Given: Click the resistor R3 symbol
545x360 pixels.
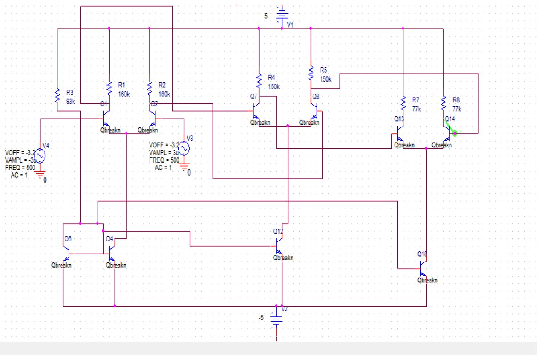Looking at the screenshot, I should click(57, 95).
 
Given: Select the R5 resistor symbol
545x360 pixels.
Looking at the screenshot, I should click(311, 74).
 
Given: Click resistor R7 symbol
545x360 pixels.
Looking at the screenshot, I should click(403, 102).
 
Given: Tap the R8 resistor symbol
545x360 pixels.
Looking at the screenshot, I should click(443, 102).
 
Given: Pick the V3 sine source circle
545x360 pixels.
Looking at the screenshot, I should click(184, 148).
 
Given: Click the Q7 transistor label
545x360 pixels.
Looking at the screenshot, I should click(253, 96).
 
